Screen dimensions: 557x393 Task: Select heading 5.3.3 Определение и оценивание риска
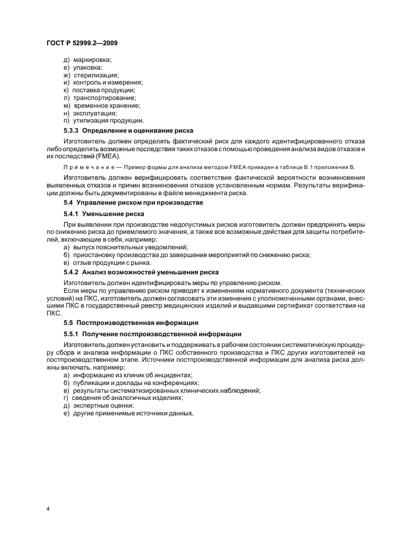[x=128, y=130]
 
